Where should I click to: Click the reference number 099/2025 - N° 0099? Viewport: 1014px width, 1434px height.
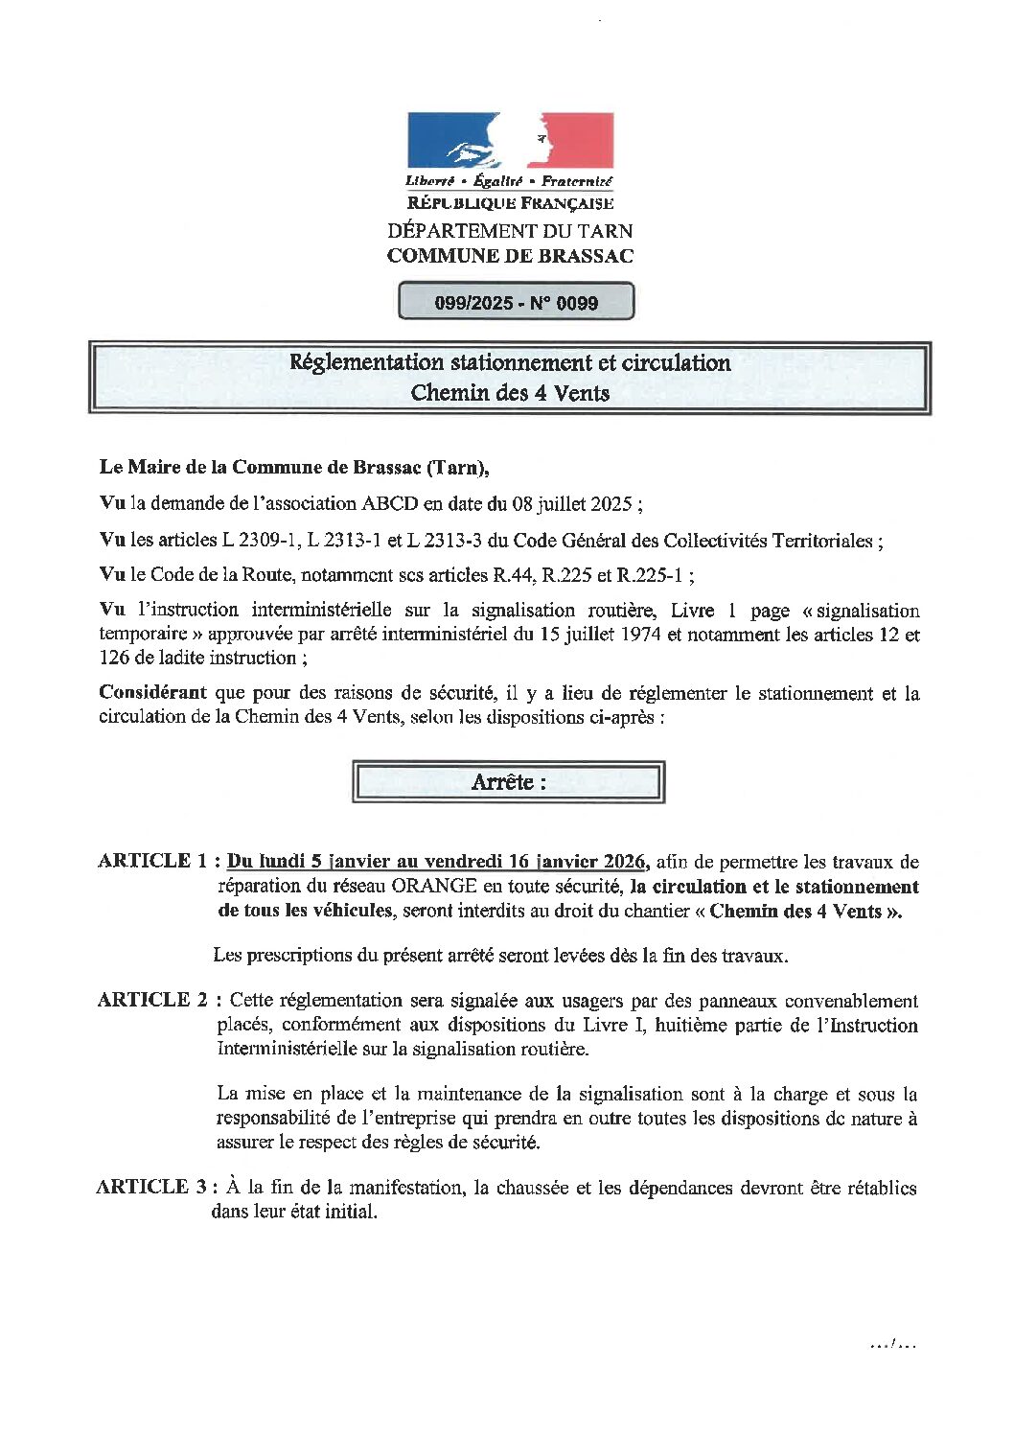click(516, 303)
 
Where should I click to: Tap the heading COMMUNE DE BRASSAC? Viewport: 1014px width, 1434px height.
click(510, 256)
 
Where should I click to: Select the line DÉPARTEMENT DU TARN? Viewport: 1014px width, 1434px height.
click(510, 231)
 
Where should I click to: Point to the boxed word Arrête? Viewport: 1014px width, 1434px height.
click(508, 782)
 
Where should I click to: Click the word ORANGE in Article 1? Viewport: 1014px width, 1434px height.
click(427, 886)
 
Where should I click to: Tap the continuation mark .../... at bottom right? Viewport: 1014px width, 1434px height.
click(893, 1344)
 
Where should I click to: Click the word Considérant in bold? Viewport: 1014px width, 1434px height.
click(152, 692)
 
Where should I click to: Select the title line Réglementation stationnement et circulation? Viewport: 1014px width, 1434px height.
click(510, 362)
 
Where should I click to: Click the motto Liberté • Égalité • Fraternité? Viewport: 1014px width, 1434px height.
click(509, 181)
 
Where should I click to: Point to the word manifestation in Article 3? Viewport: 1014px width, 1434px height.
click(406, 1187)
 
